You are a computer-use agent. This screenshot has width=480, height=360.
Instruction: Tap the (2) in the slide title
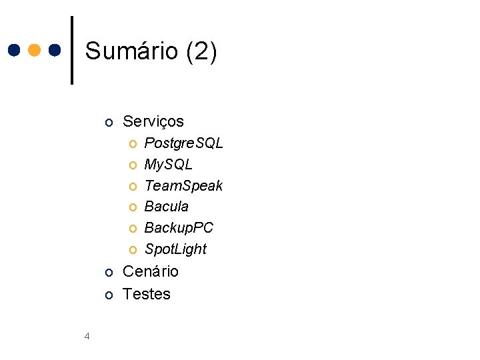tap(201, 51)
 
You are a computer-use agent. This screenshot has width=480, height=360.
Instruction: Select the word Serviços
tap(153, 121)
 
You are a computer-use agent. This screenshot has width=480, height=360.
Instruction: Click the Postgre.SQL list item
tap(183, 143)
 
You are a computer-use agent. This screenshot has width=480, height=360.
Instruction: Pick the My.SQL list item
tap(168, 164)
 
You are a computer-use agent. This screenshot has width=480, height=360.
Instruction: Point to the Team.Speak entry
tap(183, 185)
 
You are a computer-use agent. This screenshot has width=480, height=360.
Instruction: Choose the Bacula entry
tap(166, 207)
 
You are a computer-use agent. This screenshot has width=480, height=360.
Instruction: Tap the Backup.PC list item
tap(179, 228)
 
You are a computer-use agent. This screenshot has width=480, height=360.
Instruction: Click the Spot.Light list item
tap(175, 249)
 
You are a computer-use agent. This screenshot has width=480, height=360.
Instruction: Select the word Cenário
tap(151, 271)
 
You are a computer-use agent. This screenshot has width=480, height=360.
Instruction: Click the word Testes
tap(147, 294)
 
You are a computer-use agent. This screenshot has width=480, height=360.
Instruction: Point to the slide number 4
tap(87, 336)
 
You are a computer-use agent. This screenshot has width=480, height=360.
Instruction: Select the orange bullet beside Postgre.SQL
tap(133, 144)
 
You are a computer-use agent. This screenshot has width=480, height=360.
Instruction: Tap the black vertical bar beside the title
tap(72, 50)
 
